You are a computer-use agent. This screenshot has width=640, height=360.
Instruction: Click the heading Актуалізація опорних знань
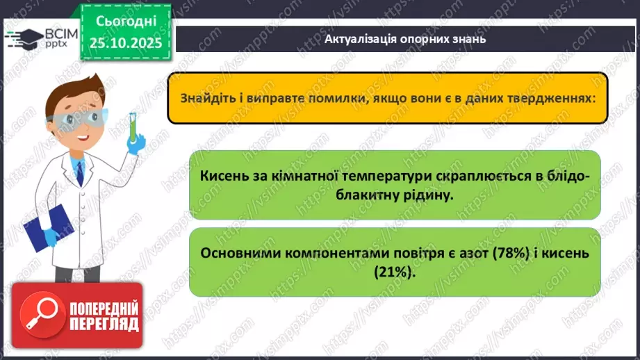[x=404, y=39]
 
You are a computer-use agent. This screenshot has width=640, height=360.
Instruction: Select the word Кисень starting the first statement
[x=222, y=177]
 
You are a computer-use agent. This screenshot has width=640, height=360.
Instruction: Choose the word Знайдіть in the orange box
[x=206, y=99]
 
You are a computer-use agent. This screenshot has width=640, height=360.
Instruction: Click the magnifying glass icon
[x=37, y=316]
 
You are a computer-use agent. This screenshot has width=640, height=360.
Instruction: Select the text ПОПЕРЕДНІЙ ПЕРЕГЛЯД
[x=102, y=316]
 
